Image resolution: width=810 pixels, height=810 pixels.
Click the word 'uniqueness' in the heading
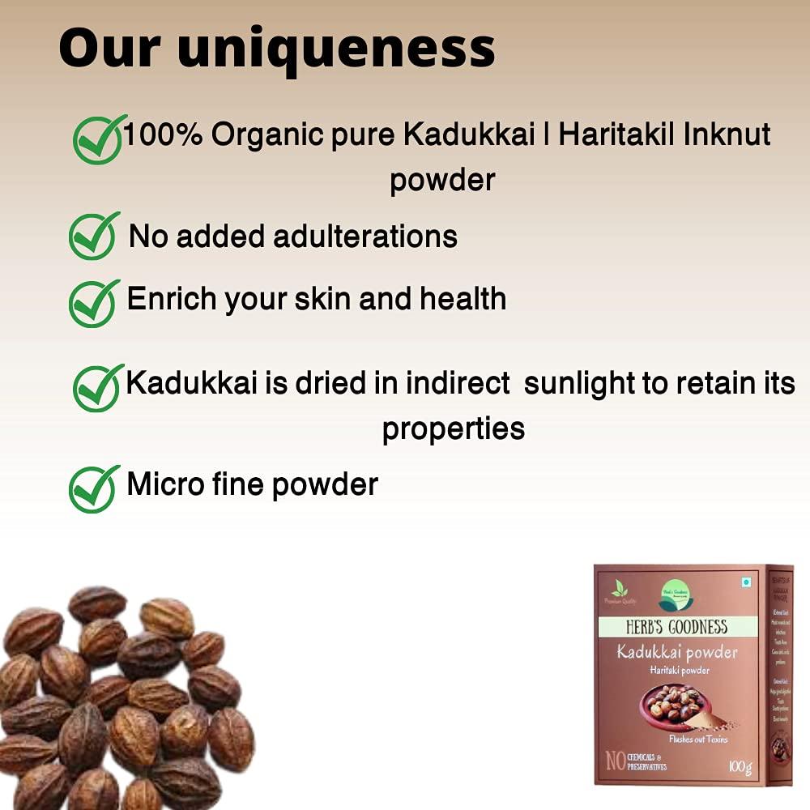pyautogui.click(x=335, y=49)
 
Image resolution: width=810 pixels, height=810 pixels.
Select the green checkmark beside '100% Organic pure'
pyautogui.click(x=99, y=139)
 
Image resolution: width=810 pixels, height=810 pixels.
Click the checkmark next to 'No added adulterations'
pyautogui.click(x=94, y=236)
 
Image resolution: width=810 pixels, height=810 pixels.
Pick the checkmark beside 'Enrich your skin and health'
pyautogui.click(x=94, y=303)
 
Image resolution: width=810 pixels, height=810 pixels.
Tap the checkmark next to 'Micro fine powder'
pyautogui.click(x=94, y=488)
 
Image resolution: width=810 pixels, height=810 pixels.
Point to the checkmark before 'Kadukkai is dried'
pyautogui.click(x=99, y=387)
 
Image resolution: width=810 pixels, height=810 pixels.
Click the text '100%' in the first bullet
pyautogui.click(x=162, y=134)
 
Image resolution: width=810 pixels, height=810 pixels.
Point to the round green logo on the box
pyautogui.click(x=676, y=595)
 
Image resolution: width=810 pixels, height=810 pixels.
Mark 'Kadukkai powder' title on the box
pyautogui.click(x=677, y=652)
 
